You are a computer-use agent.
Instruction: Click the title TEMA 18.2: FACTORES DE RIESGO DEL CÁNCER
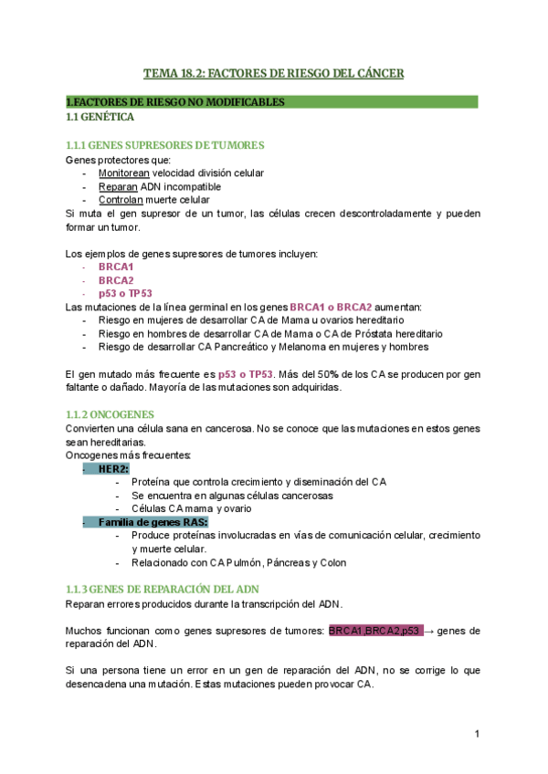point(273,73)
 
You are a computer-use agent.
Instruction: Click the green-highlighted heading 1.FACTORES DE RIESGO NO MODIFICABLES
point(175,102)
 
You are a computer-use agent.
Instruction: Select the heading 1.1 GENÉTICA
point(100,118)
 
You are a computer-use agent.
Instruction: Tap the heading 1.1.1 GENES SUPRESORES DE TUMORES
point(165,146)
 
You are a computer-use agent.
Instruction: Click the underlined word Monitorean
point(123,173)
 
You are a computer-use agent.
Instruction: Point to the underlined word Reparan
point(118,186)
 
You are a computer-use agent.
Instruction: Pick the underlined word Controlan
point(121,199)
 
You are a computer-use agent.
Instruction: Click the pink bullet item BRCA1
point(116,267)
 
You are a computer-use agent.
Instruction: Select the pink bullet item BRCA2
point(116,280)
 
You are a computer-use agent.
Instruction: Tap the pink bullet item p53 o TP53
point(125,294)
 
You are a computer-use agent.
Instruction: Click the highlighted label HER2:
point(113,468)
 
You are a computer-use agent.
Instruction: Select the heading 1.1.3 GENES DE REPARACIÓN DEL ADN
point(163,590)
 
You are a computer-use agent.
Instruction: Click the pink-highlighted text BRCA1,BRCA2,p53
point(374,631)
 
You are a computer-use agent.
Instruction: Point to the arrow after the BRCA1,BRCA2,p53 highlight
point(429,631)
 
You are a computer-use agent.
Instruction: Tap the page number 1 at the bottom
point(477,733)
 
